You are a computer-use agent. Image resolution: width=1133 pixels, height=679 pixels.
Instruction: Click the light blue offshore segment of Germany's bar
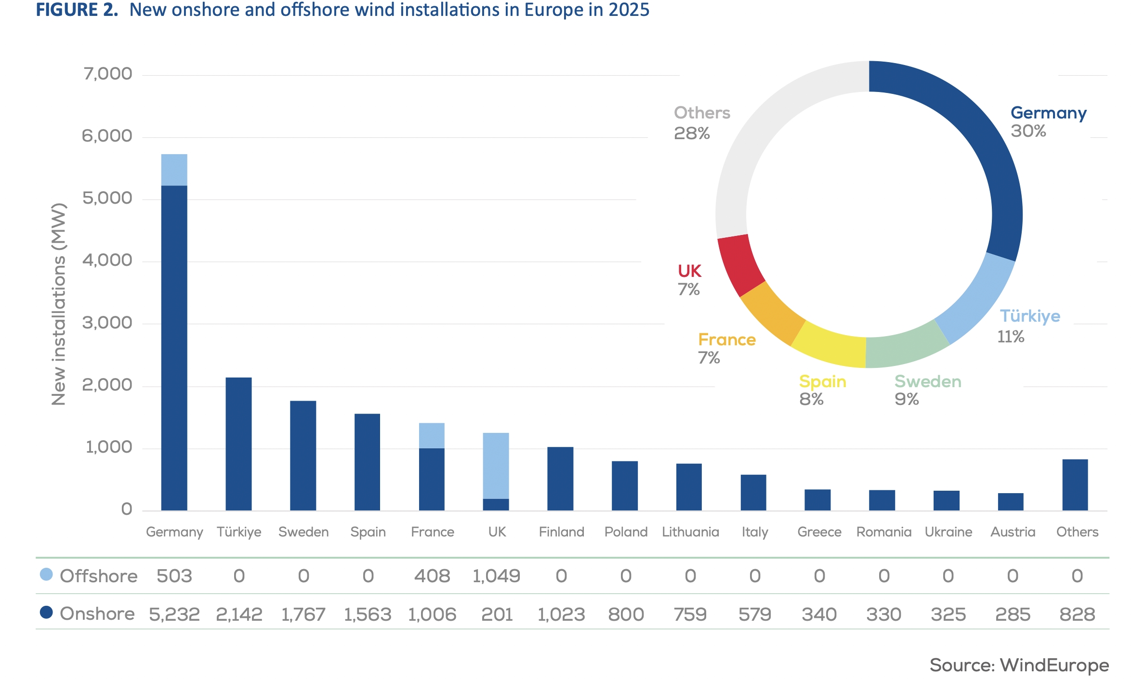(x=174, y=170)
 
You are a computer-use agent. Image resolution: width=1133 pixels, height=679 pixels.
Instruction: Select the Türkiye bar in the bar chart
(x=238, y=444)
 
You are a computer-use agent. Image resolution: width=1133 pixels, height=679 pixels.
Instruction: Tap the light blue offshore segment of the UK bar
(x=496, y=466)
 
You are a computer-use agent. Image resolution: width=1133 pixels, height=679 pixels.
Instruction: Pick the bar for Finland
(x=560, y=479)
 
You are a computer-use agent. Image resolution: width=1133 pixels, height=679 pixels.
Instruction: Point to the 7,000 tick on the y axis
(x=107, y=74)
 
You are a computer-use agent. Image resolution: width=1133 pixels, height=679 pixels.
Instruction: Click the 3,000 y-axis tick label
(x=107, y=323)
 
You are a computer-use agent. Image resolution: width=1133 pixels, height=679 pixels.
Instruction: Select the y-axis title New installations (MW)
(x=59, y=304)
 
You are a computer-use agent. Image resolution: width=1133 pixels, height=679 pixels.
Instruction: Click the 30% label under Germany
(x=1028, y=131)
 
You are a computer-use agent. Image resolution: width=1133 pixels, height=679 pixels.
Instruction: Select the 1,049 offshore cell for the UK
(x=496, y=576)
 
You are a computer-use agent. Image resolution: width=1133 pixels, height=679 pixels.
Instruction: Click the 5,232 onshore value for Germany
(x=174, y=614)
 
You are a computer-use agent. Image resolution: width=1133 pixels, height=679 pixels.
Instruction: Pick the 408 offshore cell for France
(x=432, y=576)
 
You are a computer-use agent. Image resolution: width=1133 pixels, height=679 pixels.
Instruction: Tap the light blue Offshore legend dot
(x=46, y=574)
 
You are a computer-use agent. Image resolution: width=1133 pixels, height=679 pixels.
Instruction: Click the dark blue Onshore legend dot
(x=46, y=612)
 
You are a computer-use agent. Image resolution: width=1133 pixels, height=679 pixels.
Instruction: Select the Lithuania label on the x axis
(x=690, y=532)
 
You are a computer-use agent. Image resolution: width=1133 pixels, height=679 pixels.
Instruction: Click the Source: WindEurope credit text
(x=1019, y=665)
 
